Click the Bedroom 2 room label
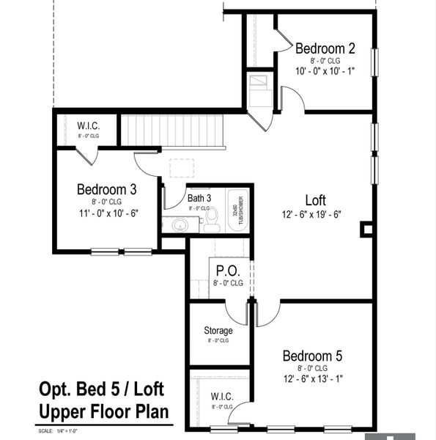point(325,48)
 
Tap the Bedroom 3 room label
point(106,190)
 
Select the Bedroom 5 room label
point(312,356)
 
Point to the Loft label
point(316,200)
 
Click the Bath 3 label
point(199,198)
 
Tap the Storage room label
point(218,330)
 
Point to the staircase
point(171,131)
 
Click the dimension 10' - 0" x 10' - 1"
point(325,71)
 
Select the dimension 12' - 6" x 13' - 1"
point(312,379)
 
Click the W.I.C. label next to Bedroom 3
point(88,125)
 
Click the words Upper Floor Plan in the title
point(103,411)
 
